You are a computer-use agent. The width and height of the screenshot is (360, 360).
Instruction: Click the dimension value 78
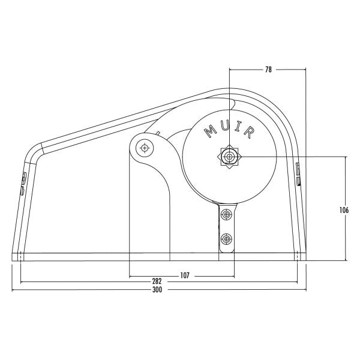pyautogui.click(x=268, y=70)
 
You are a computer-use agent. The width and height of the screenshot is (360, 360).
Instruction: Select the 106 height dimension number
pyautogui.click(x=344, y=210)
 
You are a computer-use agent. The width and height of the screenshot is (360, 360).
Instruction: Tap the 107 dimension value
pyautogui.click(x=184, y=275)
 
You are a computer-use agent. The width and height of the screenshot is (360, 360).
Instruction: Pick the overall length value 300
pyautogui.click(x=157, y=289)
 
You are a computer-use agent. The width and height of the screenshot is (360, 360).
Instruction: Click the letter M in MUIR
pyautogui.click(x=210, y=130)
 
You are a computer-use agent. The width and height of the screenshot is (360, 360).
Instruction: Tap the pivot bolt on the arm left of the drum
pyautogui.click(x=144, y=147)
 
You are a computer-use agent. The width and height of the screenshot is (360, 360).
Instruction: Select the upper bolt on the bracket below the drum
pyautogui.click(x=226, y=214)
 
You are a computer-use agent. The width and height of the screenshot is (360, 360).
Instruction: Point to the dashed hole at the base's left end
pyautogui.click(x=21, y=257)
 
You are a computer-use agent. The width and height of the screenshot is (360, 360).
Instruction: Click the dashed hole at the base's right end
pyautogui.click(x=298, y=257)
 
